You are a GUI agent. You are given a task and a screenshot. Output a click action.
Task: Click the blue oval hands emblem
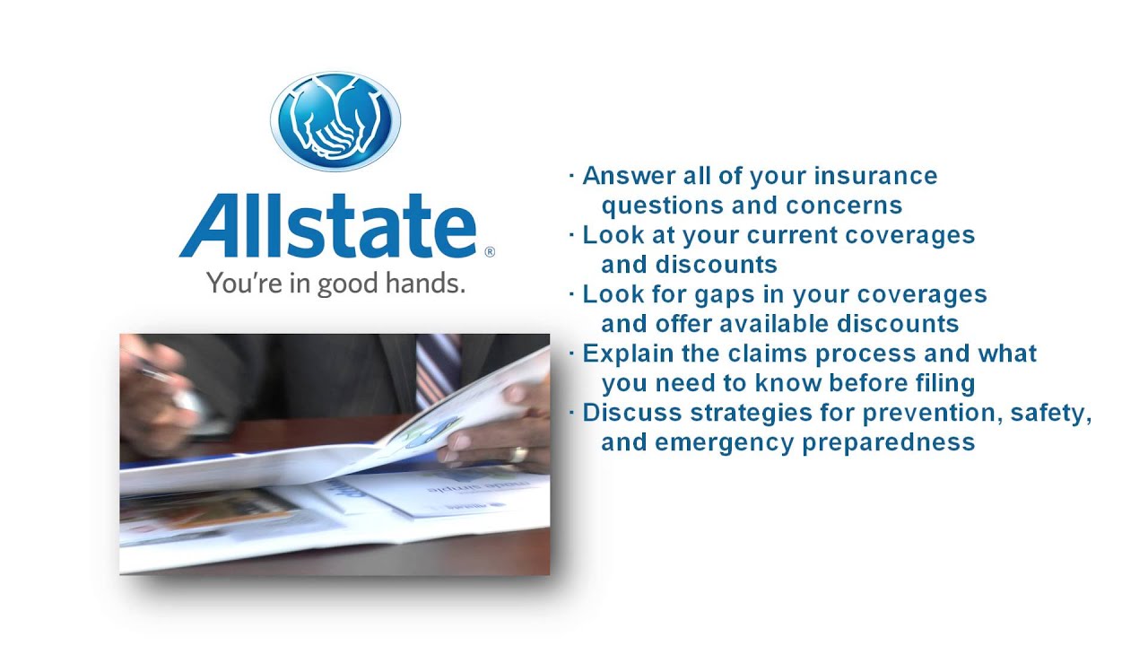(x=335, y=120)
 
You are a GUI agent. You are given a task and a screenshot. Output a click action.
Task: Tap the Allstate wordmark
(x=328, y=227)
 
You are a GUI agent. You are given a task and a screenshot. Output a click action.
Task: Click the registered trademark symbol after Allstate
(x=489, y=253)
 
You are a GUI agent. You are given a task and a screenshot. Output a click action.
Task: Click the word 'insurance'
(x=877, y=176)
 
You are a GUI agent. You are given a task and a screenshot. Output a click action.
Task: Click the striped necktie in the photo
(x=439, y=368)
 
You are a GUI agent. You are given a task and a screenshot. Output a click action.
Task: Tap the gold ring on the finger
(x=518, y=454)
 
